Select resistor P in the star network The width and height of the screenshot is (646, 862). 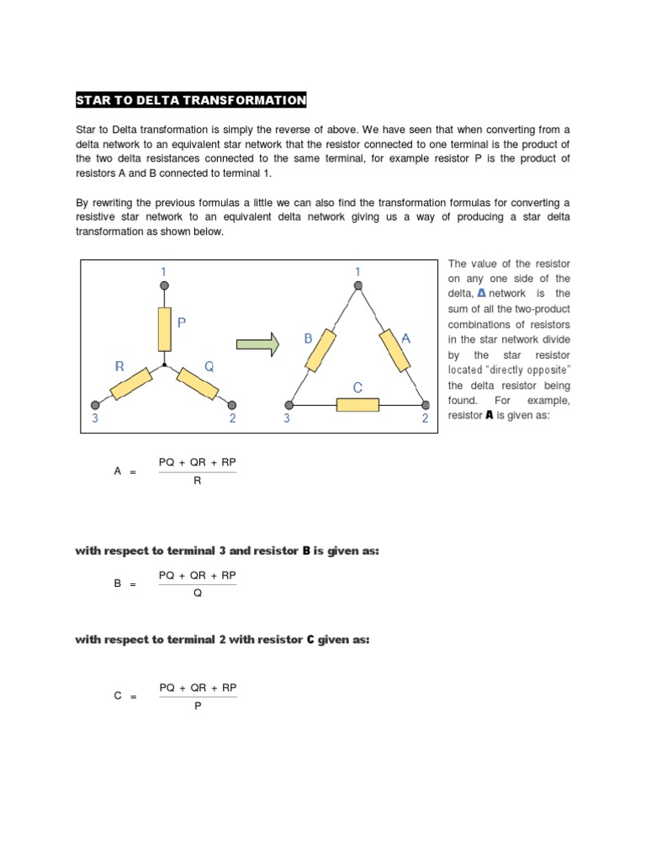[x=165, y=328]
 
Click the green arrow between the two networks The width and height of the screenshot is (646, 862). [x=257, y=344]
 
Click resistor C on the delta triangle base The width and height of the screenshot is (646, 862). [x=357, y=405]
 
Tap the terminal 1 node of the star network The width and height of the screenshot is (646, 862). [x=165, y=286]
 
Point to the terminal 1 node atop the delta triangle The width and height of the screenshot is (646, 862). [x=358, y=286]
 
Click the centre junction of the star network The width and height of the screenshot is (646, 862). [x=165, y=366]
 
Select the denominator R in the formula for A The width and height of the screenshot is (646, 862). [x=198, y=482]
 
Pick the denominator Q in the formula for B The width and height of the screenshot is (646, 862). [x=198, y=593]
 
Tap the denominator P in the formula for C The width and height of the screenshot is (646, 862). [x=198, y=705]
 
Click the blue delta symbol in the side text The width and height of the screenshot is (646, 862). [x=481, y=293]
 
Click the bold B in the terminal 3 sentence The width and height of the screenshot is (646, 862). [x=306, y=551]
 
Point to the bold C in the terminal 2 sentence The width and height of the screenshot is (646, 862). [x=310, y=640]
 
